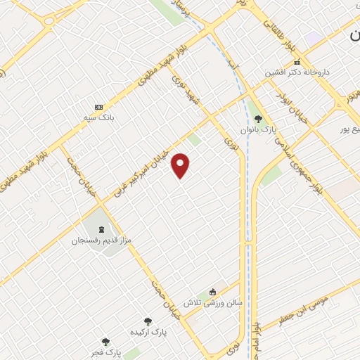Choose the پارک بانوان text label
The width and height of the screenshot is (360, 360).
point(258,129)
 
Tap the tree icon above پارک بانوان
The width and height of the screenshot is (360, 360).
point(258,118)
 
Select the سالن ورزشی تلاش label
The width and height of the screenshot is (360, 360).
point(213,303)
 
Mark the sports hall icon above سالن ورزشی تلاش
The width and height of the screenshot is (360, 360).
point(214,292)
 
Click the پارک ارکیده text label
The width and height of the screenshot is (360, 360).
point(147,331)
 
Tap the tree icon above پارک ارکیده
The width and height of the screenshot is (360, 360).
point(147,321)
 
